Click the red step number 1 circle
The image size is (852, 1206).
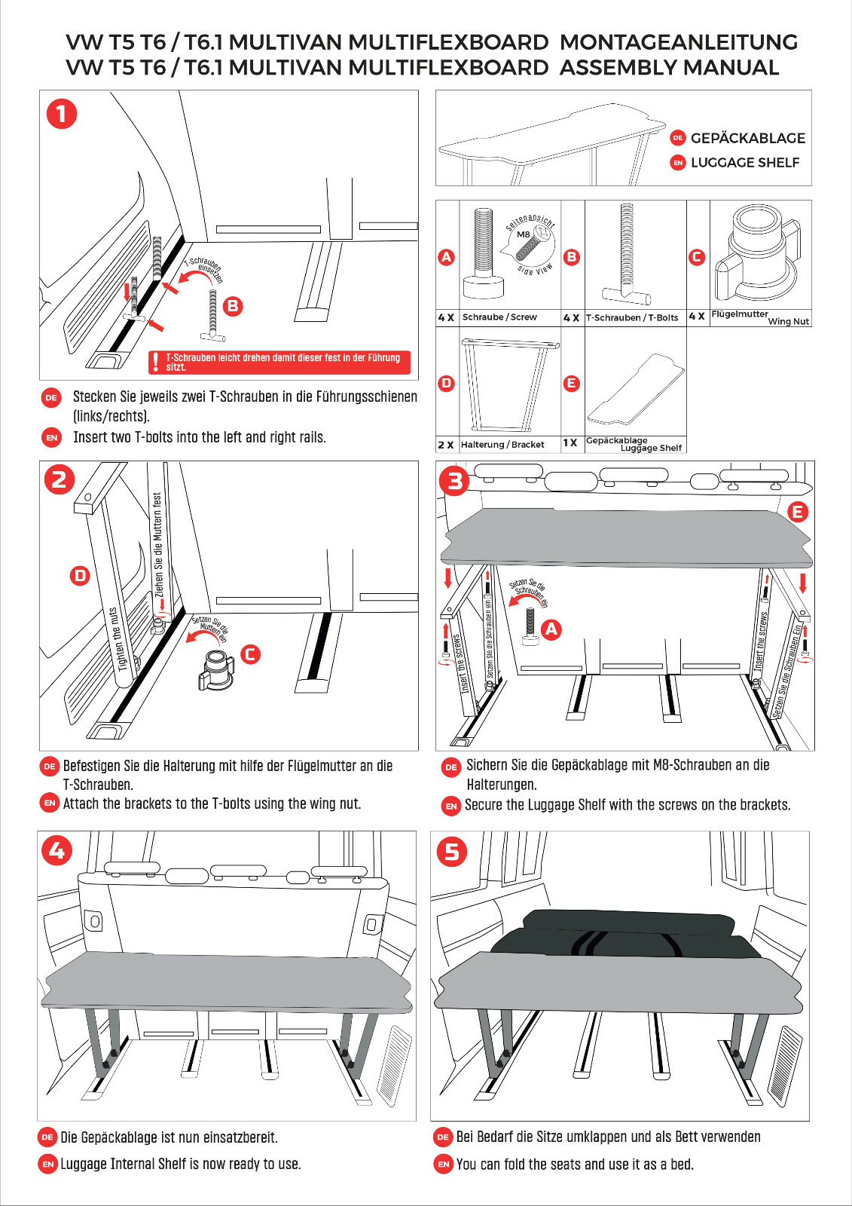coord(62,114)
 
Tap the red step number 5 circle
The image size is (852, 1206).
coord(452,852)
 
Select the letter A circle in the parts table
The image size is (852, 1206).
coord(447,257)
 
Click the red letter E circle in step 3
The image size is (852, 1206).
coord(797,512)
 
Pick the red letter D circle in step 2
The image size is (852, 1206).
coord(80,576)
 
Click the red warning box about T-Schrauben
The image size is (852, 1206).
coord(279,363)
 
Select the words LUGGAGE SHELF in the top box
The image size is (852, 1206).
coord(744,162)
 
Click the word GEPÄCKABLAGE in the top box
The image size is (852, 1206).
coord(747,138)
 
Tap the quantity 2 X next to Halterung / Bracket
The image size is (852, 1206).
coord(446,445)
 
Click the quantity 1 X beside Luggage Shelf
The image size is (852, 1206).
coord(570,443)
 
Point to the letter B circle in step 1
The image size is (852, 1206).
coord(233,305)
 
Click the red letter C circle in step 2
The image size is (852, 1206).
coord(250,654)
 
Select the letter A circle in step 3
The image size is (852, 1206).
coord(551,629)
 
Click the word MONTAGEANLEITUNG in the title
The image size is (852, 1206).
coord(678,41)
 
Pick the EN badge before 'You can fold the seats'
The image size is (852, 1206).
coord(444,1164)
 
